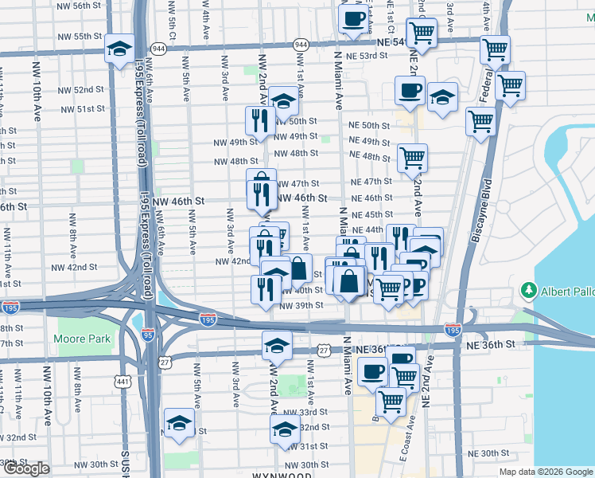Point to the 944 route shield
(x=301, y=45)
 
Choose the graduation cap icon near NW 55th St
(x=119, y=49)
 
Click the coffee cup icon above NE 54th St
(x=352, y=18)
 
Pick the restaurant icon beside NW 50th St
(x=260, y=120)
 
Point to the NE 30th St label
(x=488, y=453)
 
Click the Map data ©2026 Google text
(x=546, y=472)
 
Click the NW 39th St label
(x=301, y=305)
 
